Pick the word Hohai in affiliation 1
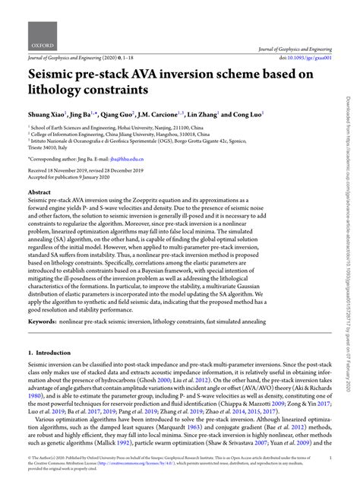pyautogui.click(x=122, y=129)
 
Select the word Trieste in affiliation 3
pyautogui.click(x=40, y=148)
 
